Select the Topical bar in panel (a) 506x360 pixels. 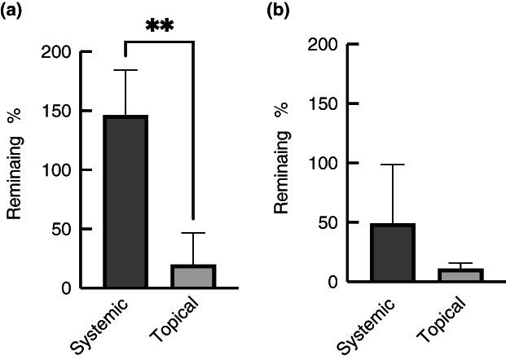[x=193, y=276]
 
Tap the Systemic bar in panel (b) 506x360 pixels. [x=393, y=252]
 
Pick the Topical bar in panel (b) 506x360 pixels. [x=461, y=275]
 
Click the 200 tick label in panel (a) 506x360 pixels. [x=58, y=52]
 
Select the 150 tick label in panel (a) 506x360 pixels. [x=58, y=111]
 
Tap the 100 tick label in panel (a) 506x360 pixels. [x=58, y=170]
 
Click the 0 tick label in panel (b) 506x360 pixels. [x=335, y=282]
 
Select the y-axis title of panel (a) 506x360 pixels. [x=15, y=169]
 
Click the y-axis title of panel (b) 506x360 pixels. [x=283, y=162]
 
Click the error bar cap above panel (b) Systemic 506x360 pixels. [x=393, y=165]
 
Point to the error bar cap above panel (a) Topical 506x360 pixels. [x=193, y=233]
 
